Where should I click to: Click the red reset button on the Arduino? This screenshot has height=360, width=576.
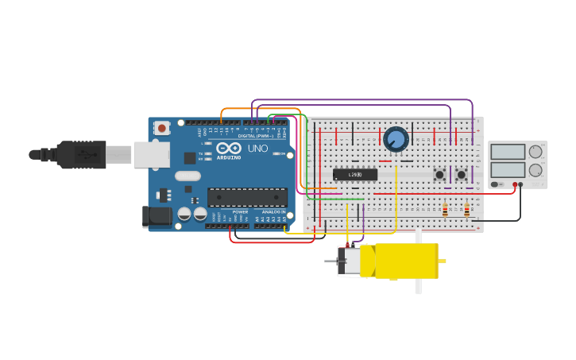click(x=162, y=128)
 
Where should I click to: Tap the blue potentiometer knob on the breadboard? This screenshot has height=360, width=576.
click(x=396, y=139)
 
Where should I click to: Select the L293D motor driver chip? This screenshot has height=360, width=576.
click(x=354, y=174)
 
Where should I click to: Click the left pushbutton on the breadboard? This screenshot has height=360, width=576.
click(x=439, y=174)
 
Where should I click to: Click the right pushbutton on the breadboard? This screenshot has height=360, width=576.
click(x=462, y=174)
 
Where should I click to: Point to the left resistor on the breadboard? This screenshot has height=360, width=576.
click(x=445, y=210)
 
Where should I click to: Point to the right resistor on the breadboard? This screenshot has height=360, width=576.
click(x=466, y=210)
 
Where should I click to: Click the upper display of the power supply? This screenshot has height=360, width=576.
click(x=507, y=152)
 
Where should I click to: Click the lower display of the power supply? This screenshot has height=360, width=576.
click(x=507, y=169)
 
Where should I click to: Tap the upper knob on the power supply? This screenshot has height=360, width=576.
click(x=535, y=151)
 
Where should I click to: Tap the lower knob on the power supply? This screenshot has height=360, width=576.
click(x=535, y=169)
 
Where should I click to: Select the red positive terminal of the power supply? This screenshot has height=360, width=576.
click(x=515, y=184)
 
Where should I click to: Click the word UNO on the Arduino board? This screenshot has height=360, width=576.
click(x=257, y=149)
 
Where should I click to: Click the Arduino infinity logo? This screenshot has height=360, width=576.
click(x=229, y=149)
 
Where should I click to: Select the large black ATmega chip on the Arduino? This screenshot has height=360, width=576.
click(x=247, y=197)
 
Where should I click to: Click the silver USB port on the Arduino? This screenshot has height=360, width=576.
click(x=151, y=154)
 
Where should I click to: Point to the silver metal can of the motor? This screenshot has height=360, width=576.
click(x=349, y=261)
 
